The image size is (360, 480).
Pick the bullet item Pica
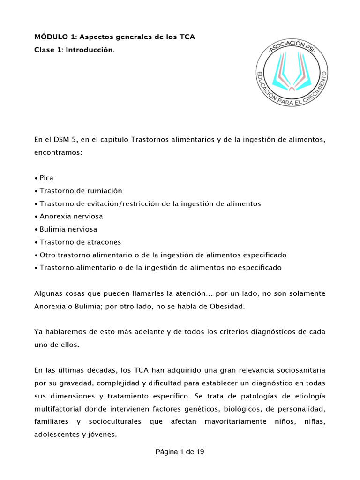coord(47,178)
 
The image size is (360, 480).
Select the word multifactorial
coord(57,409)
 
